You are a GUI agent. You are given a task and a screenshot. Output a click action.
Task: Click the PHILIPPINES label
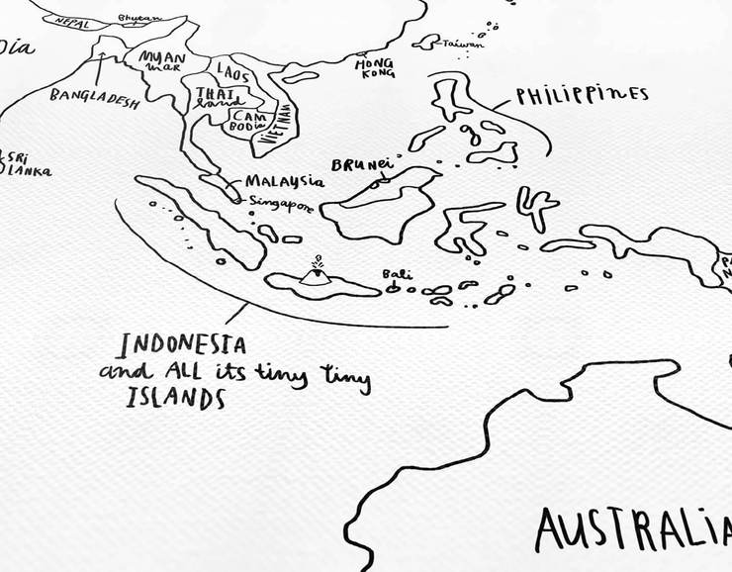tap(582, 95)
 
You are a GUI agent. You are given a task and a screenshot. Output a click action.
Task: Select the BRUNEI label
tap(361, 164)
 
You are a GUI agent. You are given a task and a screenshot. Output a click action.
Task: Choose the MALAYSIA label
tap(284, 181)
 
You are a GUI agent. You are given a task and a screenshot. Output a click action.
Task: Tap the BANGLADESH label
tap(94, 99)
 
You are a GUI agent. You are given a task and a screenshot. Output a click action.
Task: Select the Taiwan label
tap(464, 45)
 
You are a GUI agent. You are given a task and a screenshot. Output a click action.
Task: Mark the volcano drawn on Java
tap(317, 274)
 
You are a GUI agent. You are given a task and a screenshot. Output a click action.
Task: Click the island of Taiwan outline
tap(426, 43)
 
